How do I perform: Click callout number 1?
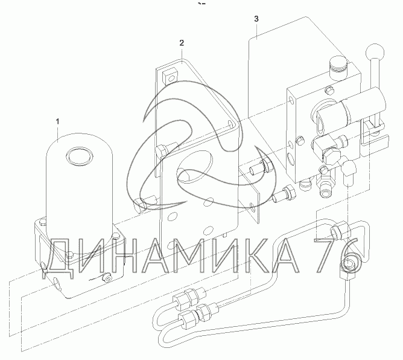click(57, 121)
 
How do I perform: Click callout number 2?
click(182, 43)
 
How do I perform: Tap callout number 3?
click(256, 19)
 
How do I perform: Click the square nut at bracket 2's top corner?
click(170, 75)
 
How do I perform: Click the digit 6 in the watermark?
click(351, 256)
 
